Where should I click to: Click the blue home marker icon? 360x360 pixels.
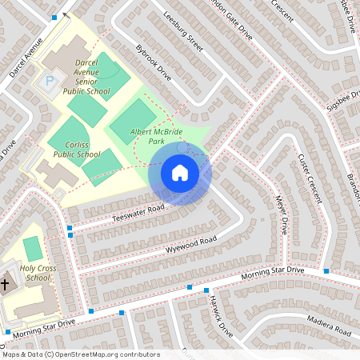tap(179, 173)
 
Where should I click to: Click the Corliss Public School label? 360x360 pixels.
tap(77, 149)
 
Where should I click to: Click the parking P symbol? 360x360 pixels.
tap(50, 81)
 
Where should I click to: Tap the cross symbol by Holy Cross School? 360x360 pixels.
tap(5, 284)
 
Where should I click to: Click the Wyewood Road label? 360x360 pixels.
tap(191, 243)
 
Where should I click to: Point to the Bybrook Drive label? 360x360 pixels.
tap(154, 62)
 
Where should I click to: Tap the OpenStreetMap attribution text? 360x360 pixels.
tap(80, 354)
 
